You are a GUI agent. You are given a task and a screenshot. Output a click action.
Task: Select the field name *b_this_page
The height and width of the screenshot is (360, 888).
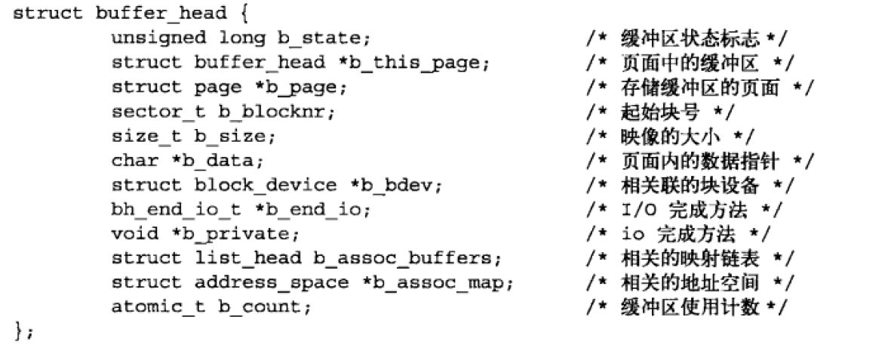click(x=414, y=63)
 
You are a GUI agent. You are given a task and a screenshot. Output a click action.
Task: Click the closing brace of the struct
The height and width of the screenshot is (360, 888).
click(x=17, y=332)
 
